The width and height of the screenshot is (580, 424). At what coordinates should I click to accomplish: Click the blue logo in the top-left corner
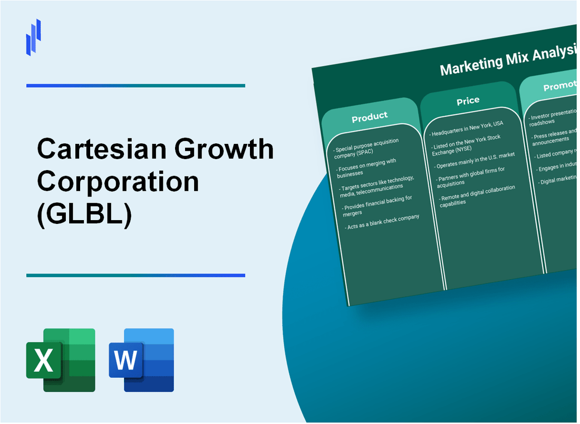[x=34, y=37]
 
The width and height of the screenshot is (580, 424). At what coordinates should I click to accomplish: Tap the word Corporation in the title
[x=118, y=182]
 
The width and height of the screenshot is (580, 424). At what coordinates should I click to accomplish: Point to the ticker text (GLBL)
[x=84, y=213]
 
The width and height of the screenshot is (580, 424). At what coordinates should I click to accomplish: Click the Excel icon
[x=61, y=360]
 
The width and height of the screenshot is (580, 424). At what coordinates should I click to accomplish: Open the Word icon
[x=141, y=360]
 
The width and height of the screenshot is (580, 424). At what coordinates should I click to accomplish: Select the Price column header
[x=468, y=101]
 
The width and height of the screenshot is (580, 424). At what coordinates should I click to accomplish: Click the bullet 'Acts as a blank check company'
[x=382, y=222]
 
